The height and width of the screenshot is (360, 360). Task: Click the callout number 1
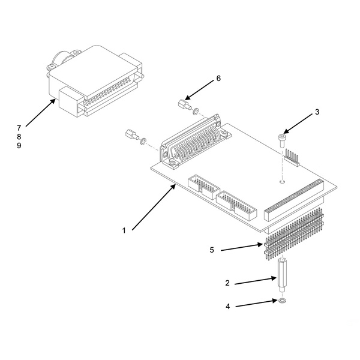[x=124, y=230]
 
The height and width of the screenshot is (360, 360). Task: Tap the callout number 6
[x=218, y=78]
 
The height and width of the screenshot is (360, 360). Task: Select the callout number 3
[x=317, y=112]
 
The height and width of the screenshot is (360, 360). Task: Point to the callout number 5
[x=211, y=249]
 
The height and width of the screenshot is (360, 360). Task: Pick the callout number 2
[x=227, y=283]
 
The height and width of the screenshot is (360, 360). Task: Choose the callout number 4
[x=227, y=306]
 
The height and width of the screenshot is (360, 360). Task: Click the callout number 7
[x=19, y=127]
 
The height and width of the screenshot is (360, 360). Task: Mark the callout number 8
[x=19, y=136]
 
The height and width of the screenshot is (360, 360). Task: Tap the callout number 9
[x=19, y=145]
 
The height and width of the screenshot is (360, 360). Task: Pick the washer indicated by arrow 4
[x=281, y=300]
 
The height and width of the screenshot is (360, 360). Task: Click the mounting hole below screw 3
[x=281, y=179]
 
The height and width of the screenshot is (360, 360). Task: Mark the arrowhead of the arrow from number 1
[x=175, y=186]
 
